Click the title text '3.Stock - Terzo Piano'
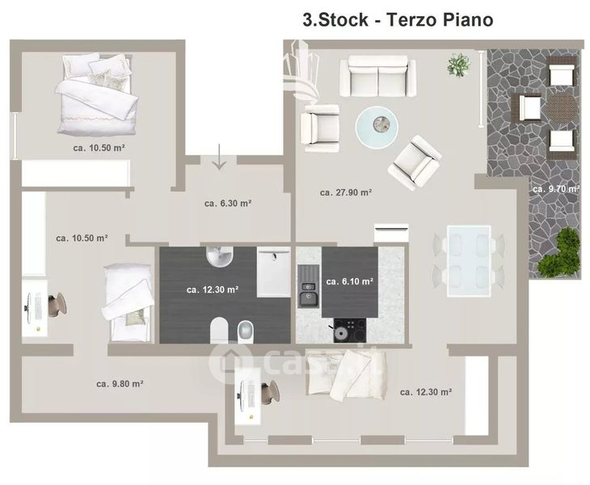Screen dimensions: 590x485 click(398, 19)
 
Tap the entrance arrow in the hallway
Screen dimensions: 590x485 click(219, 157)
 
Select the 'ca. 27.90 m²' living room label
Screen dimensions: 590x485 click(346, 192)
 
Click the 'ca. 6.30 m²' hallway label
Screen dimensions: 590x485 click(228, 203)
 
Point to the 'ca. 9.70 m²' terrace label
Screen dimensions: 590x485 click(556, 189)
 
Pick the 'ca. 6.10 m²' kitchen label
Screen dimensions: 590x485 click(350, 281)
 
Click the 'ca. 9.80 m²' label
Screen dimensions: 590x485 click(120, 384)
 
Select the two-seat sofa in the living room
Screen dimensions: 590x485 click(377, 77)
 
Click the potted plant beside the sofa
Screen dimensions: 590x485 click(459, 65)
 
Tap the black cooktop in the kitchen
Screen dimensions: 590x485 click(350, 331)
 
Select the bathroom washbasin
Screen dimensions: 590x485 click(220, 257)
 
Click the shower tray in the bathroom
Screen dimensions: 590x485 click(274, 272)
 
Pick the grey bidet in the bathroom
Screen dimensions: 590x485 click(246, 331)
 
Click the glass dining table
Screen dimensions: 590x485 click(469, 261)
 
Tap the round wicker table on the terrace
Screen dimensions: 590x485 click(561, 108)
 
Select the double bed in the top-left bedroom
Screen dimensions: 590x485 click(97, 94)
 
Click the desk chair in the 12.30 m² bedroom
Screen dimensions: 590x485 click(270, 392)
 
